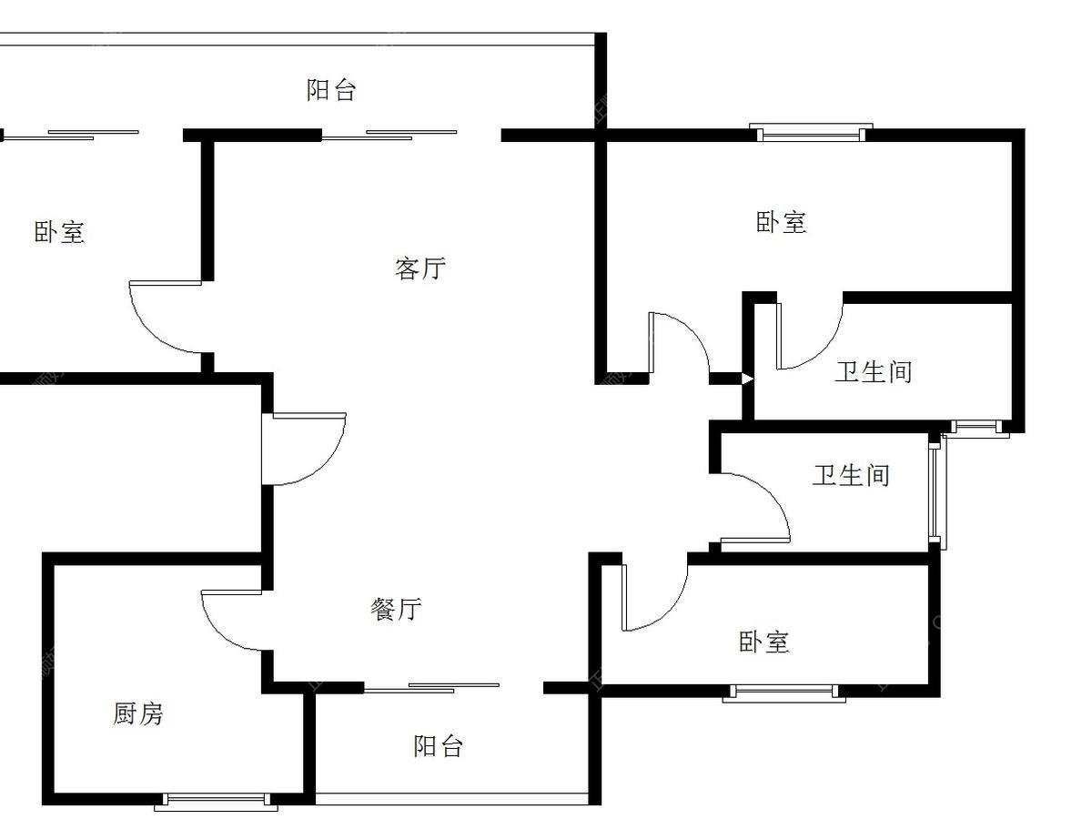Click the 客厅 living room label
[420, 268]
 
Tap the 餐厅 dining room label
[396, 609]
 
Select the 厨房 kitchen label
[137, 713]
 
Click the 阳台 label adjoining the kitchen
[439, 746]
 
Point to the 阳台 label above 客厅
[331, 90]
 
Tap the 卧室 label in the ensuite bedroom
[782, 222]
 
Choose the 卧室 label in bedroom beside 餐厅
[764, 642]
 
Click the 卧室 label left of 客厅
[59, 232]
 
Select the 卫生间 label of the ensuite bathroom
[874, 372]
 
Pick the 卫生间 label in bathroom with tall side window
[851, 475]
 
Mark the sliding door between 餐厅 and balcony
[431, 688]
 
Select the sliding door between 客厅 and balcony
[389, 135]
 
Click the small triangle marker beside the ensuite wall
[747, 379]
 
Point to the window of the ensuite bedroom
[811, 132]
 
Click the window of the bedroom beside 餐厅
[784, 693]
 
